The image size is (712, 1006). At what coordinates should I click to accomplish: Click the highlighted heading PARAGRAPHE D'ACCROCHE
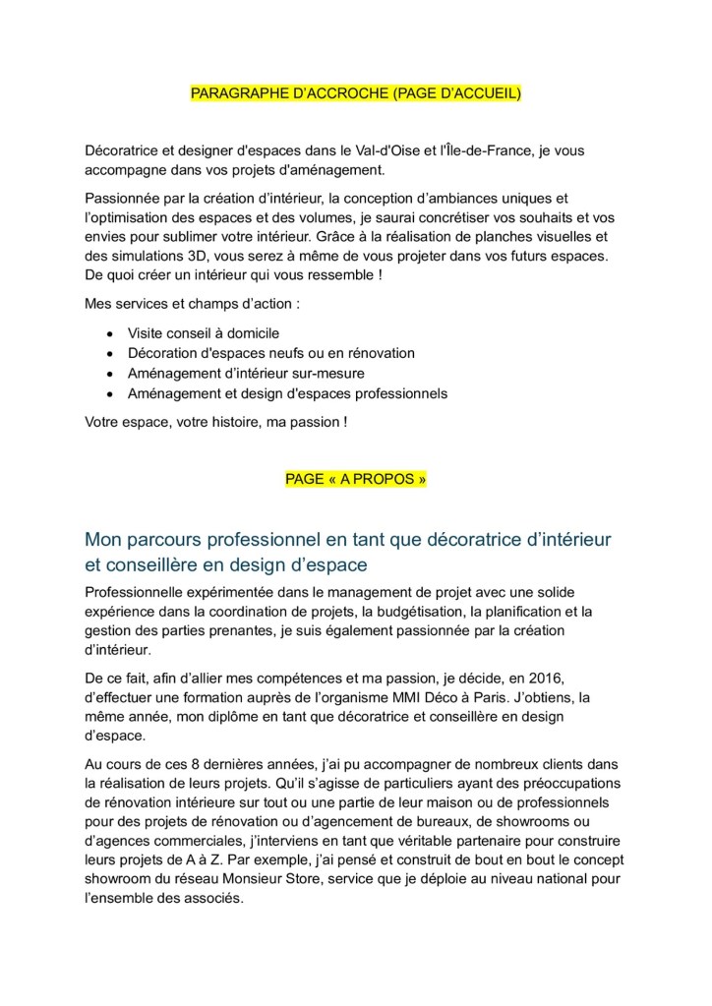355,93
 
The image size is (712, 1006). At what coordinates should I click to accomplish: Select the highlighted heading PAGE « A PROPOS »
356,479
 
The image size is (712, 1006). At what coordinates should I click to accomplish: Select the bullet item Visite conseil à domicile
203,333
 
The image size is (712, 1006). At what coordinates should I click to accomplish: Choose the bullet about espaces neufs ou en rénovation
270,353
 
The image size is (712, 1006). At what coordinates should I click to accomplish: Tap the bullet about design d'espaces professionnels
287,393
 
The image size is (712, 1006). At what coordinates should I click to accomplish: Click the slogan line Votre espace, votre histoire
215,422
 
